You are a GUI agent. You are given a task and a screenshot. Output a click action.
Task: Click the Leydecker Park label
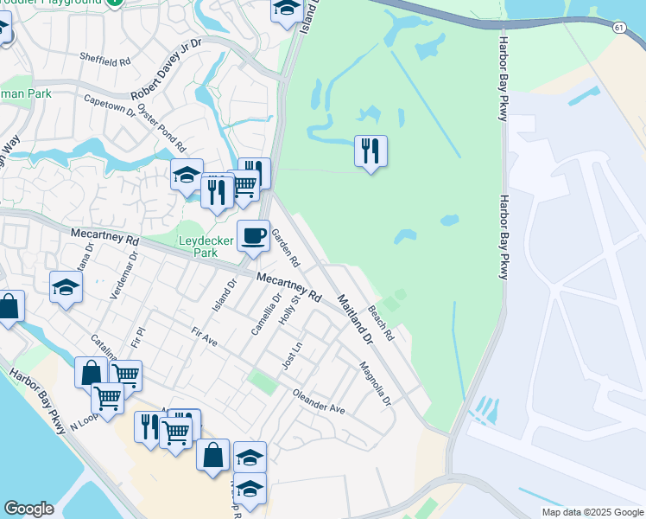click(x=198, y=247)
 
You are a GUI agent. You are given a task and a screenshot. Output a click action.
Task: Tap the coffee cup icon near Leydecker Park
click(x=253, y=235)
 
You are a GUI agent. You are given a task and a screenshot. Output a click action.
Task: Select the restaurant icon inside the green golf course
click(x=370, y=151)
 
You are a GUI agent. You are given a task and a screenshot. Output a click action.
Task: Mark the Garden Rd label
click(x=286, y=247)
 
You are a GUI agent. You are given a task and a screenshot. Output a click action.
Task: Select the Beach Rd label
click(x=381, y=322)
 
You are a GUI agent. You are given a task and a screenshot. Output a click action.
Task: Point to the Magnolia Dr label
click(x=376, y=383)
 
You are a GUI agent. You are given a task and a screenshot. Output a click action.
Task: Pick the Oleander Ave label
click(x=319, y=403)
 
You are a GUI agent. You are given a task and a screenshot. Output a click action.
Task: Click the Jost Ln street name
click(x=292, y=356)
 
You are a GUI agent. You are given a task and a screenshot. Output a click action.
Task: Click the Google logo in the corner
click(x=28, y=509)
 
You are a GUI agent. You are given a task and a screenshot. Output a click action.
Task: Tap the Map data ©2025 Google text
click(x=592, y=512)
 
